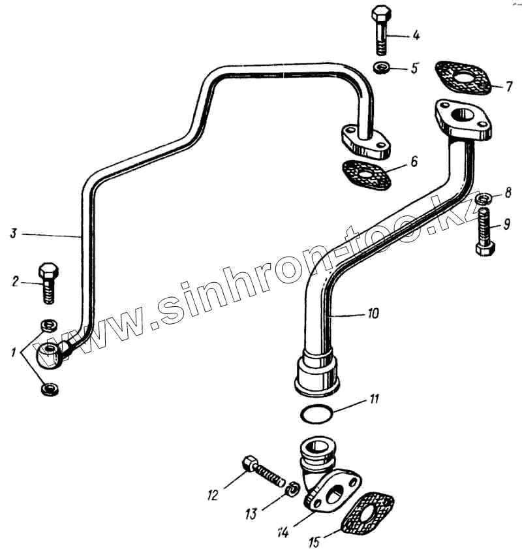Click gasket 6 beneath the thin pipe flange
(366, 174)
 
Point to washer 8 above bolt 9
(484, 198)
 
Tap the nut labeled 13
(293, 488)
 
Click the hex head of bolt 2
(49, 270)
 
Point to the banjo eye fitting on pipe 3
(50, 356)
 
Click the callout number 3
(12, 232)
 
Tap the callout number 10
(371, 313)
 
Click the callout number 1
(13, 354)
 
